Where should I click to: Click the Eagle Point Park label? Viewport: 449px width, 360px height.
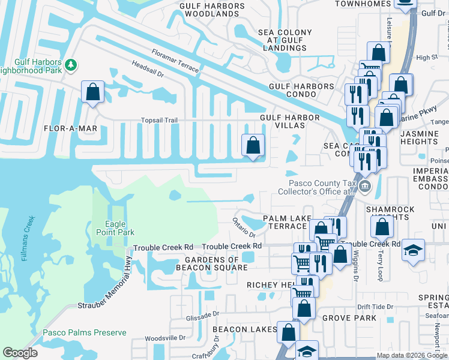(x=115, y=228)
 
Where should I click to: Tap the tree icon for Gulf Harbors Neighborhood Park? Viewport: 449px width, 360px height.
(x=71, y=64)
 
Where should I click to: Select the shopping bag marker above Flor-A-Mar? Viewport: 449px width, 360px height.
(x=93, y=92)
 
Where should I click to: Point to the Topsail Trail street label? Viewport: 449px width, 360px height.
(x=160, y=120)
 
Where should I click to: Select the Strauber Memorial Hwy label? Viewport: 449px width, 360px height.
(x=104, y=281)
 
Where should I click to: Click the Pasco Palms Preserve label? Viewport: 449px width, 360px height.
(x=84, y=332)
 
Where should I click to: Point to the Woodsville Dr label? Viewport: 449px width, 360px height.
(x=161, y=338)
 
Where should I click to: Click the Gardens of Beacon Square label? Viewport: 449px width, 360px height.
(x=208, y=263)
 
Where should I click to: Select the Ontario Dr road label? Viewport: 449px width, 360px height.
(x=244, y=228)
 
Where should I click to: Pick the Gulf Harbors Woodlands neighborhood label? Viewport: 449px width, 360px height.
(x=212, y=10)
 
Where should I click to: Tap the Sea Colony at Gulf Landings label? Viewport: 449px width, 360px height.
(x=285, y=40)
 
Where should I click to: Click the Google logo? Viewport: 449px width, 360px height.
(x=20, y=353)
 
